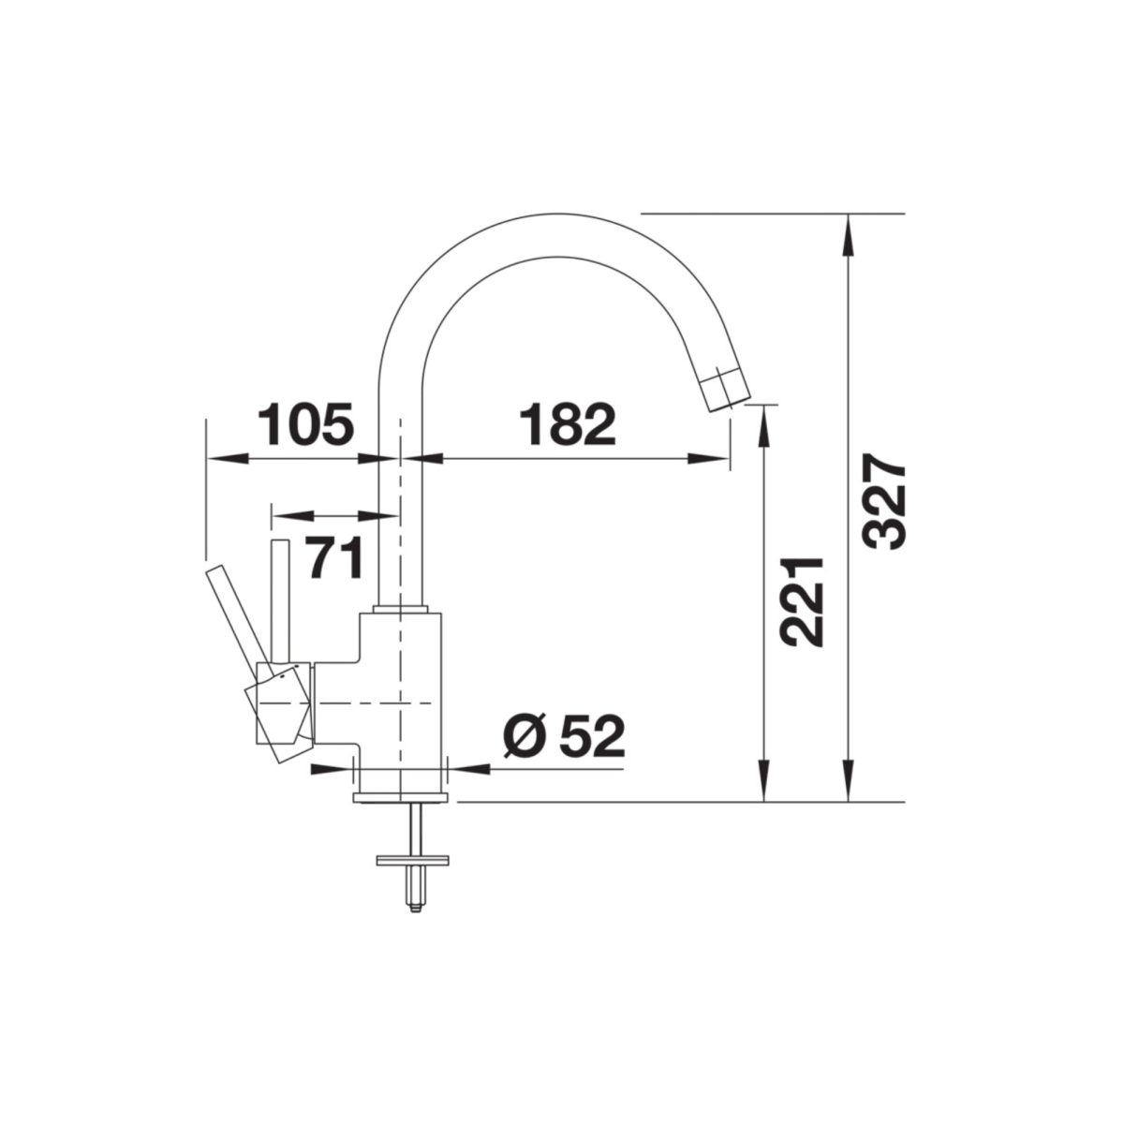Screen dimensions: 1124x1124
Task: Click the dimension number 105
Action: [x=306, y=423]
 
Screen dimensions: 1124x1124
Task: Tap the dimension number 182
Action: [x=568, y=423]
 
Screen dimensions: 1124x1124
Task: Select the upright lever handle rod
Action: [x=281, y=601]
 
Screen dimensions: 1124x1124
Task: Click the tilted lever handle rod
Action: [x=241, y=619]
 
